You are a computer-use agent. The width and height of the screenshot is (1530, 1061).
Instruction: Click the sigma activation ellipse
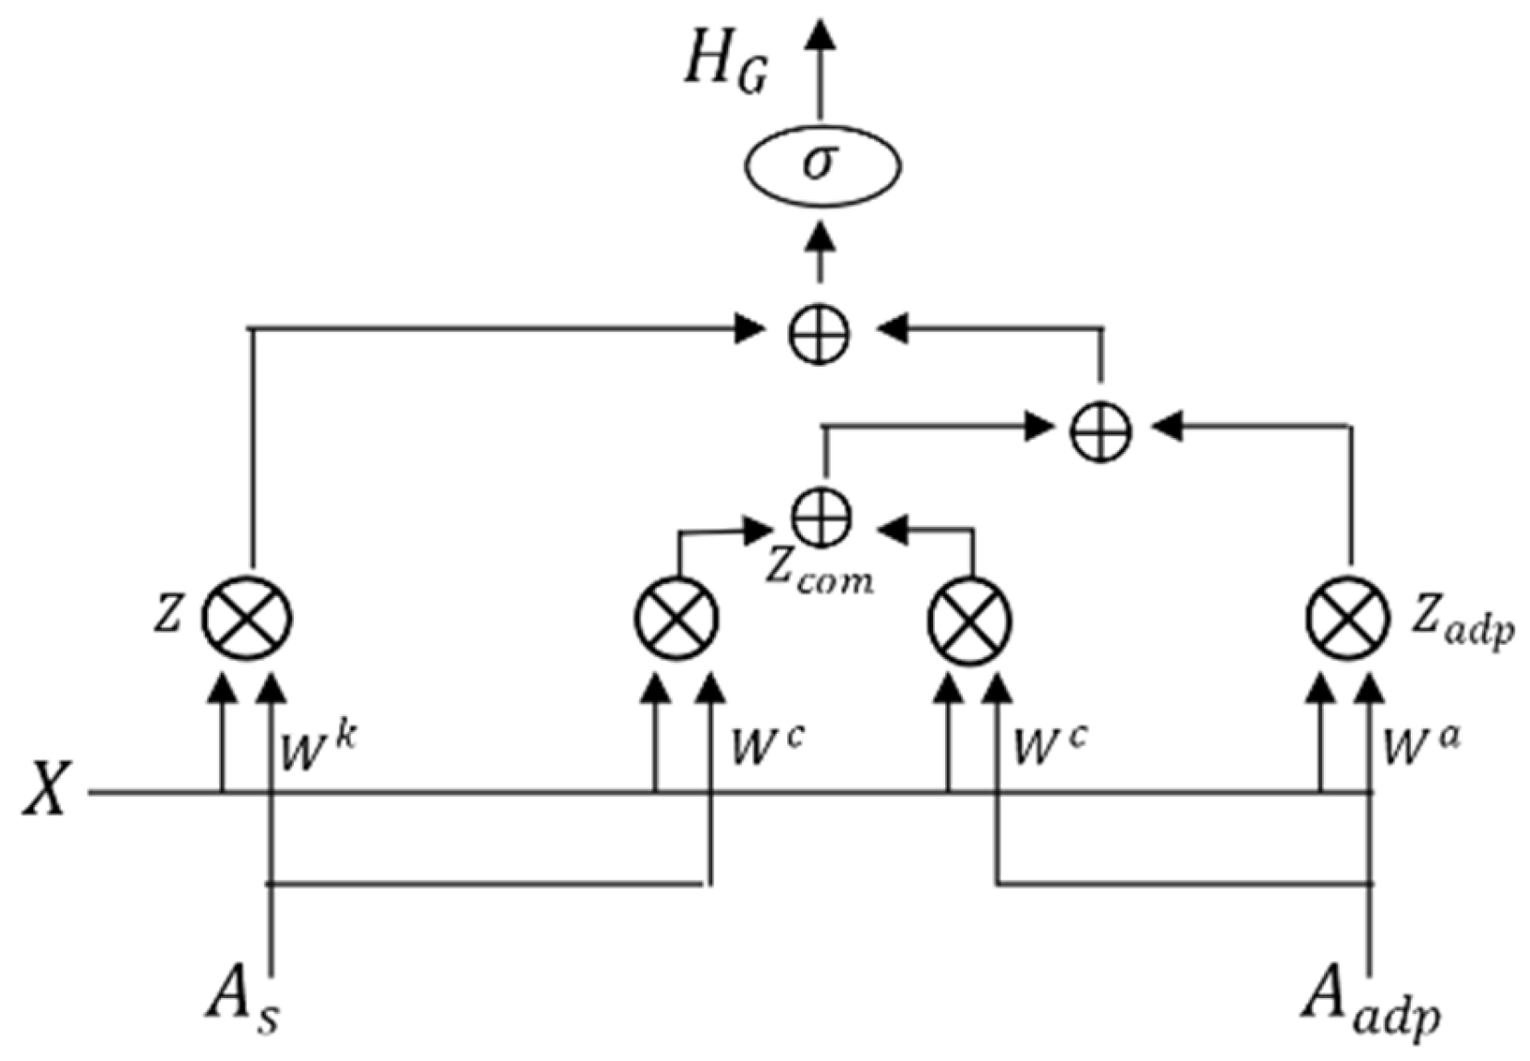tap(821, 166)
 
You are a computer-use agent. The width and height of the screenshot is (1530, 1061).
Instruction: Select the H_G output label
tap(724, 67)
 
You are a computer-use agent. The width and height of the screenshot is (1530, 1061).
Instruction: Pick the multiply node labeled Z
tap(247, 617)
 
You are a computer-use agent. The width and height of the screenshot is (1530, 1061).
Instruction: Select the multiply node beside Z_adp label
tap(1348, 617)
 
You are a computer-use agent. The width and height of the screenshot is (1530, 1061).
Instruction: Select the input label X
tap(46, 791)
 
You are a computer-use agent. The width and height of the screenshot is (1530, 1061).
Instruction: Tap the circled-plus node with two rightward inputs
tap(1100, 431)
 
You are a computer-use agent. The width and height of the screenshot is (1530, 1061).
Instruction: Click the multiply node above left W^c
tap(677, 617)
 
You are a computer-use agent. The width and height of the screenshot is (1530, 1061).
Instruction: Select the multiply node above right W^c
tap(969, 617)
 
